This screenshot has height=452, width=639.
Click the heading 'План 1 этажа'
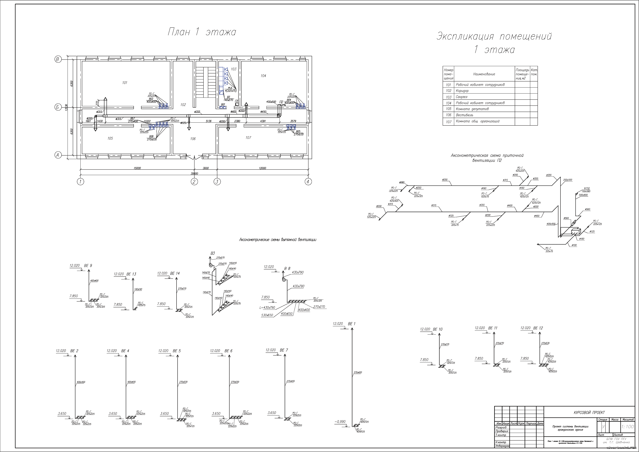202,32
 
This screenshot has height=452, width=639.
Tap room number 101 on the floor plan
125,83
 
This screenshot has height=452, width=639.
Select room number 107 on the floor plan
248,138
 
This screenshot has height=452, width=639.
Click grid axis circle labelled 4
308,182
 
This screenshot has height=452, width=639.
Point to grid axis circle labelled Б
58,107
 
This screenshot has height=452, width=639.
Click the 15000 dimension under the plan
137,168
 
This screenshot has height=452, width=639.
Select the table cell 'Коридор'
462,91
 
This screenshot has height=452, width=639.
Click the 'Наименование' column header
484,74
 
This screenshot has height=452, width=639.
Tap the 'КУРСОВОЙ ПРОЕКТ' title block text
589,412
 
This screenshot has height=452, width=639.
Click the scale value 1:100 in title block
628,427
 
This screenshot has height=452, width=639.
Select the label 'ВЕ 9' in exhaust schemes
88,266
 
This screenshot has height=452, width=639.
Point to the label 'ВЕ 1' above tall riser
351,324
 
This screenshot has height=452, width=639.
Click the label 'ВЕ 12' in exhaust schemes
538,328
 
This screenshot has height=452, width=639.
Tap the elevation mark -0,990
340,422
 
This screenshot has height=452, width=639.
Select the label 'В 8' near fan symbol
287,269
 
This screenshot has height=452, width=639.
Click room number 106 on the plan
193,139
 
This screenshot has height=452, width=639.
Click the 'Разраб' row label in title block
501,427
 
